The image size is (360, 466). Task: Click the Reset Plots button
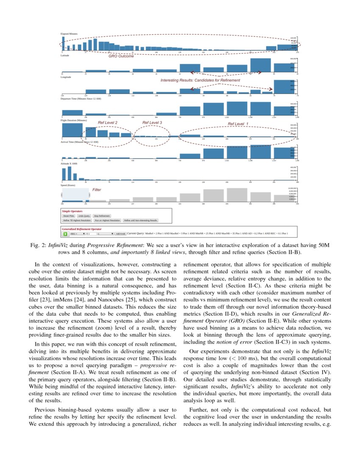click(69, 216)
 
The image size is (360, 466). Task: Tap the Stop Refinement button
click(102, 216)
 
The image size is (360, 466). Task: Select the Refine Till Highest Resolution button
click(77, 220)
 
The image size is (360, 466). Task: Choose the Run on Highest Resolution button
click(108, 220)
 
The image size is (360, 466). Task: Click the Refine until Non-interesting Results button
click(141, 220)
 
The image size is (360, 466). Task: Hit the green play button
click(65, 233)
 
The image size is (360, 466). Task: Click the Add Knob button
click(121, 233)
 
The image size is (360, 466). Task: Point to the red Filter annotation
click(97, 190)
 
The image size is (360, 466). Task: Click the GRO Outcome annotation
click(121, 56)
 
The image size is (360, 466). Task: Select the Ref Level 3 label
click(152, 122)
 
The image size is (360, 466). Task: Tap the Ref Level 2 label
click(108, 122)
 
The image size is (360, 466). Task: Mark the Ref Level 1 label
click(238, 124)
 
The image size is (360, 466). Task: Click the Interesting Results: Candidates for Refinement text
click(200, 80)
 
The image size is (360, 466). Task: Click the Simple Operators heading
click(72, 211)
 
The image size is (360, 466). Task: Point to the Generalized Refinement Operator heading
click(84, 229)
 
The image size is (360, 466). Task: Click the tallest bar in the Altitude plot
click(69, 174)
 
